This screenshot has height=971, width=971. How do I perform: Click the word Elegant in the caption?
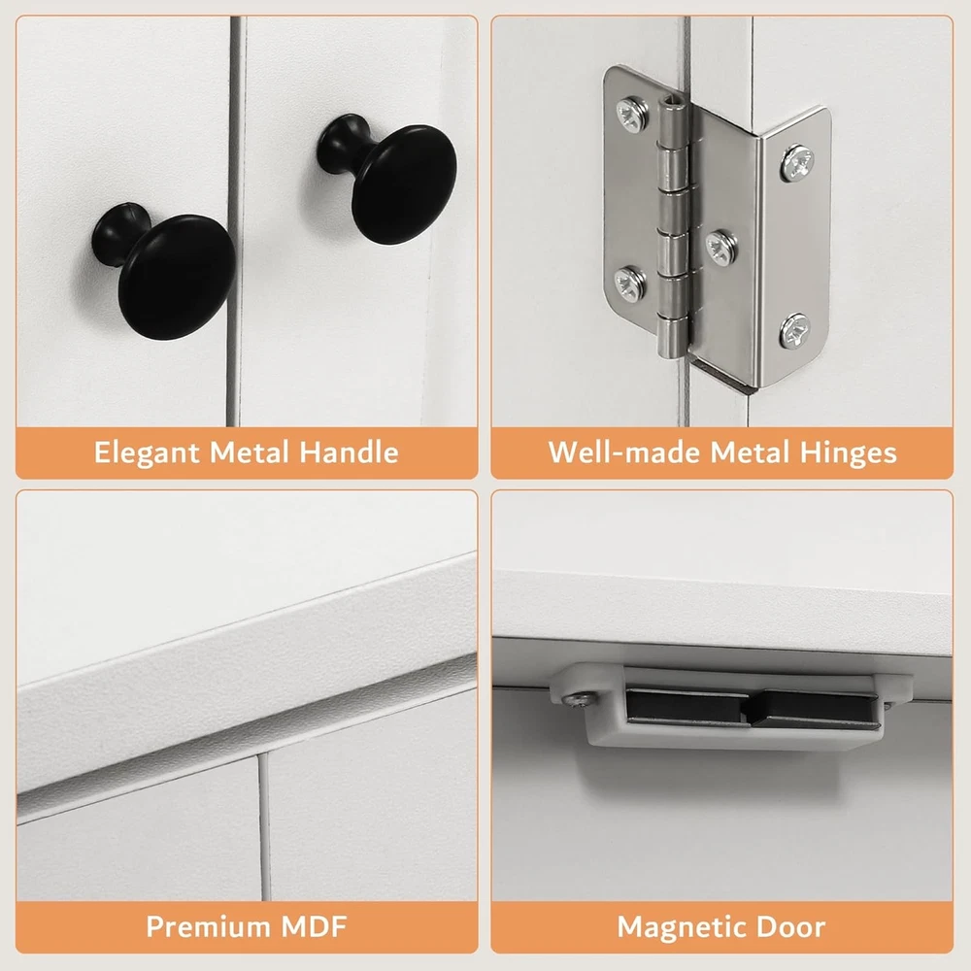[147, 452]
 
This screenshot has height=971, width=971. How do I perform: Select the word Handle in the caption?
[349, 452]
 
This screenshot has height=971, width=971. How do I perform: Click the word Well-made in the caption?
[624, 452]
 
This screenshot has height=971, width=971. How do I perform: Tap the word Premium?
[208, 926]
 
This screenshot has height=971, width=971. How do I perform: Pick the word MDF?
[314, 926]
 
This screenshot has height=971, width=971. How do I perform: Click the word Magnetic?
[682, 927]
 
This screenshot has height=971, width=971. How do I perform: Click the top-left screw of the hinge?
[633, 114]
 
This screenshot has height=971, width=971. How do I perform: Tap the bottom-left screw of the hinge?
[630, 283]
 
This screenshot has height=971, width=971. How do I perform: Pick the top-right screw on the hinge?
[797, 163]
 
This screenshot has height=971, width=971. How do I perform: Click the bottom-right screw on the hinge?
[794, 331]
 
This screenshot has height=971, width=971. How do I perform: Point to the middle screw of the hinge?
[722, 247]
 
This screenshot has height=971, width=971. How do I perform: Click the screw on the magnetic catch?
[580, 700]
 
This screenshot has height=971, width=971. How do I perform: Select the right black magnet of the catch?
[815, 711]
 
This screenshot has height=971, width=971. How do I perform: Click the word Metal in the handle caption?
[250, 452]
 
